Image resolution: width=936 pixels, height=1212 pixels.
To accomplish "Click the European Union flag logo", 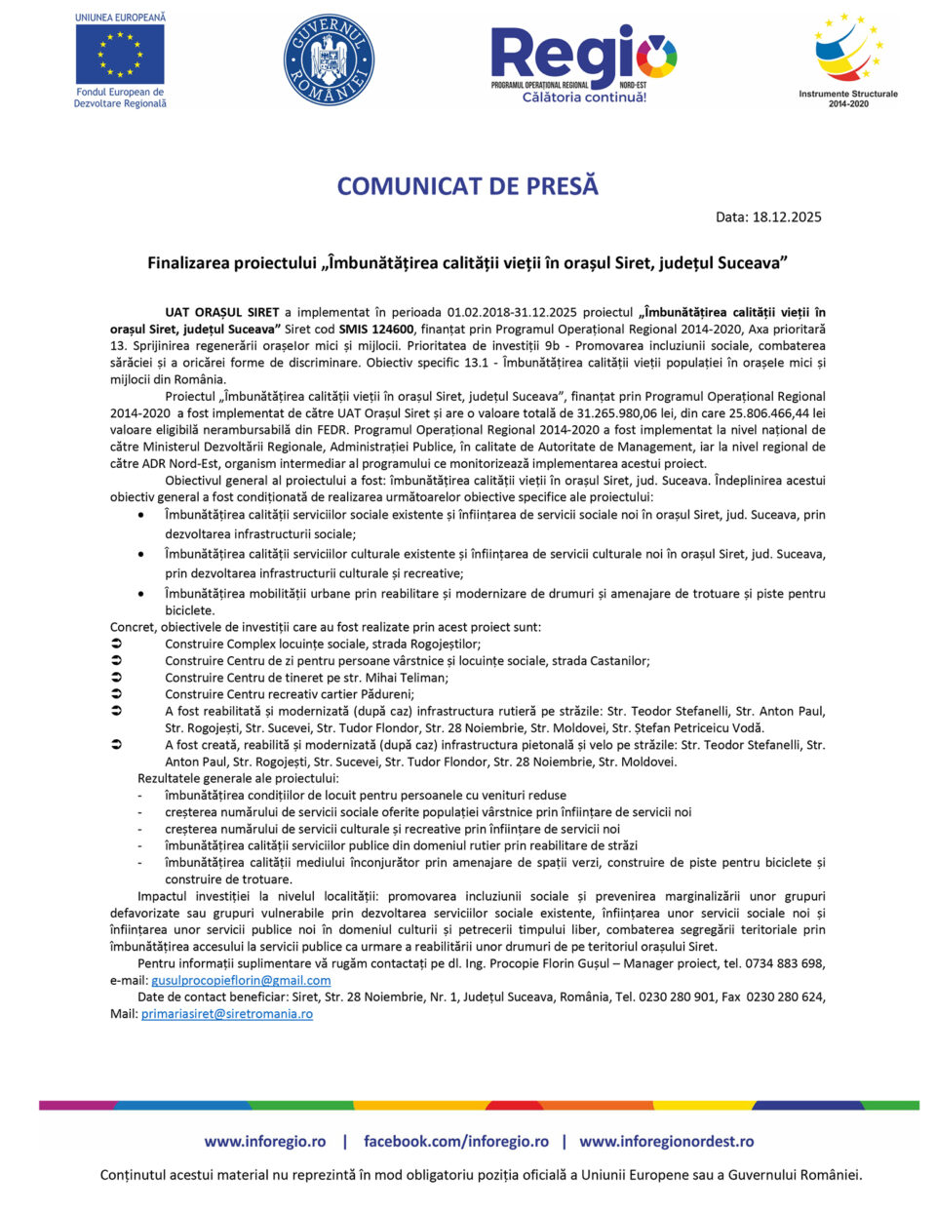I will tap(120, 54).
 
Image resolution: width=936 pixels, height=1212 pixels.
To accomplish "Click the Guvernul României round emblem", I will tap(329, 59).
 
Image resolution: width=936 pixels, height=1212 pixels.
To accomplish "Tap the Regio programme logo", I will tap(583, 57).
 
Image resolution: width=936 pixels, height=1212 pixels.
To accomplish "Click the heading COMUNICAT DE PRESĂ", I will tap(468, 186).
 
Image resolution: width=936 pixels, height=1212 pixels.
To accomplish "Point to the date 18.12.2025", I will tap(787, 217).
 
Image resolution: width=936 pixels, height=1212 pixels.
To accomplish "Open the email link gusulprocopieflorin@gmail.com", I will tap(241, 980).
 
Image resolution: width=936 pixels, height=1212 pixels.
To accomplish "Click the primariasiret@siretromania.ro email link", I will tap(227, 1014).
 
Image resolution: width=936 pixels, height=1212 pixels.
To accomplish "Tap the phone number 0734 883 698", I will tap(786, 963).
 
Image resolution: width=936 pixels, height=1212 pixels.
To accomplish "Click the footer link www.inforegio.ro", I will tap(265, 1141).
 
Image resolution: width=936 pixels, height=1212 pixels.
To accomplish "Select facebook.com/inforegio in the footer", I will tap(456, 1141).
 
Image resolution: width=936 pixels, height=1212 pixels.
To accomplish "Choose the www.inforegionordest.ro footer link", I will tap(666, 1141).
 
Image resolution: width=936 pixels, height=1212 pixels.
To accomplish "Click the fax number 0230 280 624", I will tap(786, 997).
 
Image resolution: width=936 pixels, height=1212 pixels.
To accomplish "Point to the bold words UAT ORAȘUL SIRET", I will tap(222, 313).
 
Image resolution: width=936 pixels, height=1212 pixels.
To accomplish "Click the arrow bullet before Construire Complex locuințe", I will tap(116, 644).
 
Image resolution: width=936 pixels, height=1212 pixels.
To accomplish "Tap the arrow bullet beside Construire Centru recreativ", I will tap(116, 694).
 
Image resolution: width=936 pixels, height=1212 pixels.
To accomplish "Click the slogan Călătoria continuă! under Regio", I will tap(584, 98).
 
